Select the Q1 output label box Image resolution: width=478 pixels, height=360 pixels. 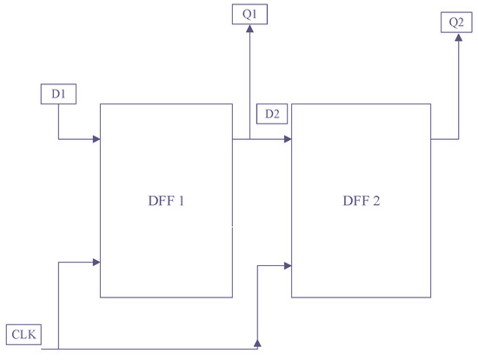[x=249, y=15]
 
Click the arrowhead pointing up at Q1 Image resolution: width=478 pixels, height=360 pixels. [x=249, y=30]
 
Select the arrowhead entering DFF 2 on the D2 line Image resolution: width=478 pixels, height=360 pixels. [x=287, y=139]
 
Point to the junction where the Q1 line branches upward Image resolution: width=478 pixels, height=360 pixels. [x=249, y=139]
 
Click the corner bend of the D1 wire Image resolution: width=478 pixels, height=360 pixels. [x=57, y=139]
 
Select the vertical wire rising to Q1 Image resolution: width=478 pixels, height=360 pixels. [x=249, y=87]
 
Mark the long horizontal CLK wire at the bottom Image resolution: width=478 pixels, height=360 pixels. [x=156, y=349]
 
